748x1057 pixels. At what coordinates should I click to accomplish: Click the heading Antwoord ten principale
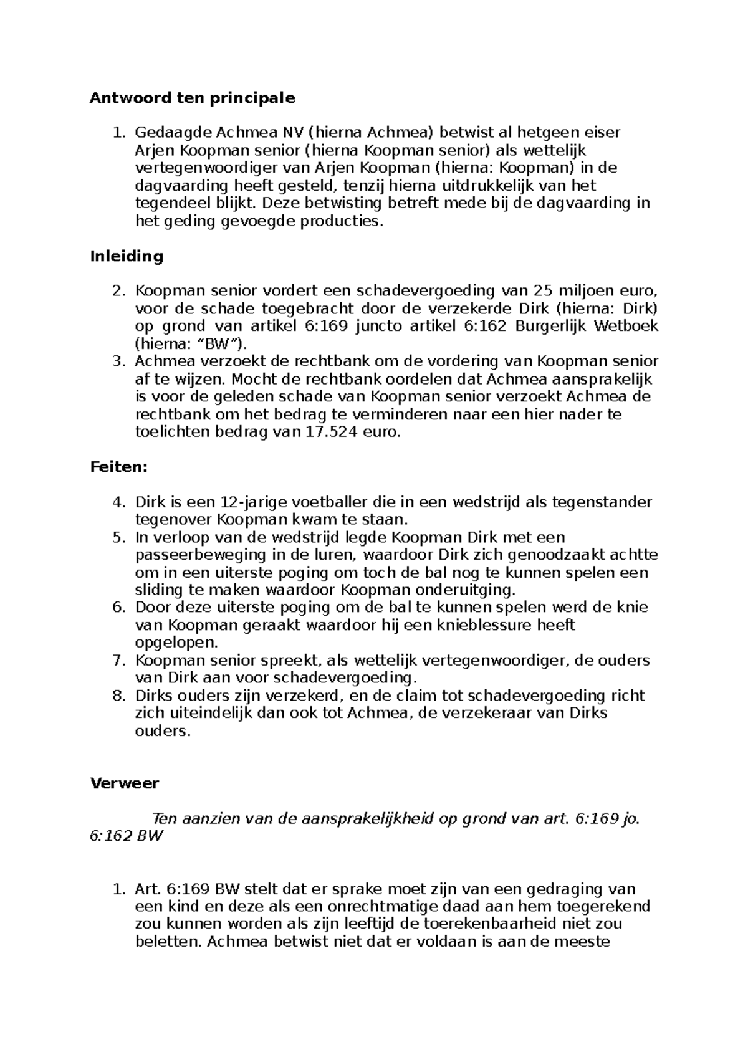[192, 98]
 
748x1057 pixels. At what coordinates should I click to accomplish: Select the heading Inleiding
[127, 256]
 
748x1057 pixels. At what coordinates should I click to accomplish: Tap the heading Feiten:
[119, 467]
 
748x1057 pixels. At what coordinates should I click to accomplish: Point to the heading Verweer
[125, 783]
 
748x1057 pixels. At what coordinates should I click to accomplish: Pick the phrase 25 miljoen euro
[595, 291]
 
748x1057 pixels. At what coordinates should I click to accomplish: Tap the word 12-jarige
[254, 502]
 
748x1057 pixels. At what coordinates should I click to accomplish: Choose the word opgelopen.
[176, 643]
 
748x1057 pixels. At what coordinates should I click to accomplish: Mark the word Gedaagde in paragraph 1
[173, 133]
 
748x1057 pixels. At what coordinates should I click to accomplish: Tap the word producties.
[340, 221]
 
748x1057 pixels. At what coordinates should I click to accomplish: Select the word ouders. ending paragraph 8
[163, 731]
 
